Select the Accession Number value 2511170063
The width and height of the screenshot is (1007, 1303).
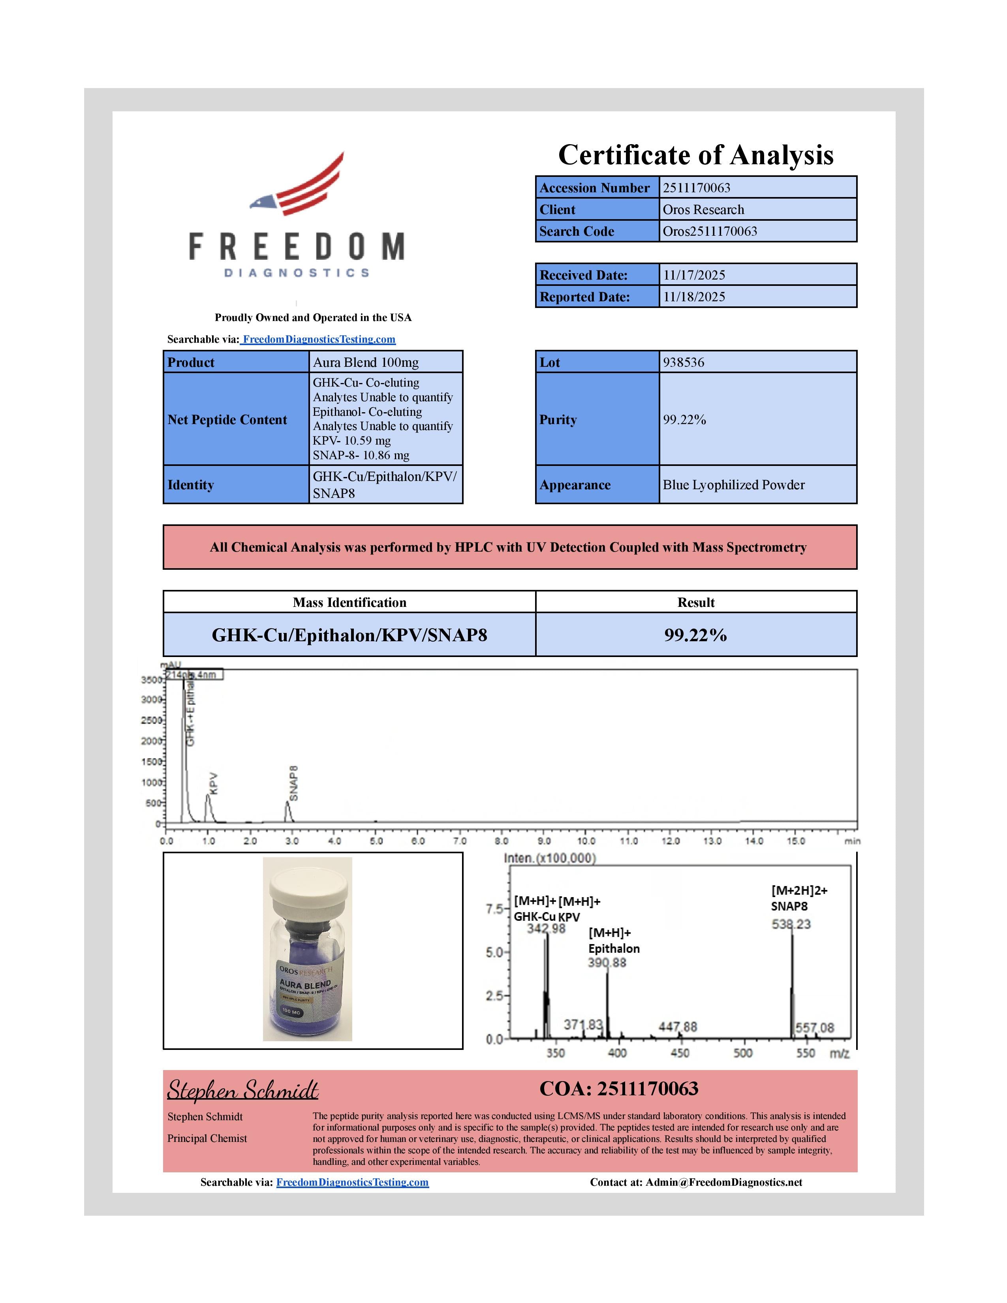[x=696, y=188]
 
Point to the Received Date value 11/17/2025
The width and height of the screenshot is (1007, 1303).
[x=694, y=275]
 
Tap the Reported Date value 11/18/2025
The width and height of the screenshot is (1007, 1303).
[x=694, y=297]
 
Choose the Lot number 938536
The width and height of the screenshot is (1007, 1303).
[x=684, y=362]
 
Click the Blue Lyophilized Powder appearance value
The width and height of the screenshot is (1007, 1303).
[x=733, y=484]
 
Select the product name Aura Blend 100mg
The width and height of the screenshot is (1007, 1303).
[x=366, y=362]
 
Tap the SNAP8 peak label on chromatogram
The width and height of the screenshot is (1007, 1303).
[x=293, y=783]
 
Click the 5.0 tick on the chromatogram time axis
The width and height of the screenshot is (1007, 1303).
[x=376, y=841]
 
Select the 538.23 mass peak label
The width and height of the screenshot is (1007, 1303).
[x=791, y=924]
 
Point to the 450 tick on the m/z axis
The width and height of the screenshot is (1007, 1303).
[x=680, y=1053]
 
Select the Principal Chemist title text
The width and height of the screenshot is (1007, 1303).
[x=207, y=1138]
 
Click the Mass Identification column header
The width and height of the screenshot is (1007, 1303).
[x=349, y=602]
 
